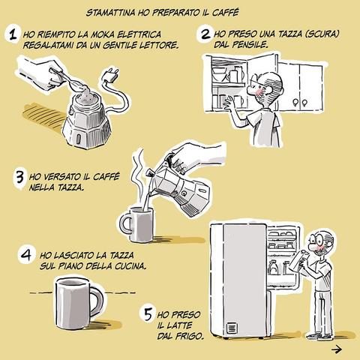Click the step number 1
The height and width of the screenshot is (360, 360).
tap(13, 34)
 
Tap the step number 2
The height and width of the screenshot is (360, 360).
tap(205, 34)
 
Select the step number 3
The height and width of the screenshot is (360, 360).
tap(19, 177)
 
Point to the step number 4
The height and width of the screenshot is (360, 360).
tap(26, 256)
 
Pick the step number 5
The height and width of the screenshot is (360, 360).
tap(148, 314)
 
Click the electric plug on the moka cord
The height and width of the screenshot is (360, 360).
tap(112, 75)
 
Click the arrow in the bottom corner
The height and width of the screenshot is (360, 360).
tap(337, 349)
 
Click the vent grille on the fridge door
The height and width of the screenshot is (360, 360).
tap(231, 328)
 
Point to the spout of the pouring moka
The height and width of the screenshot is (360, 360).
tap(149, 173)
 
